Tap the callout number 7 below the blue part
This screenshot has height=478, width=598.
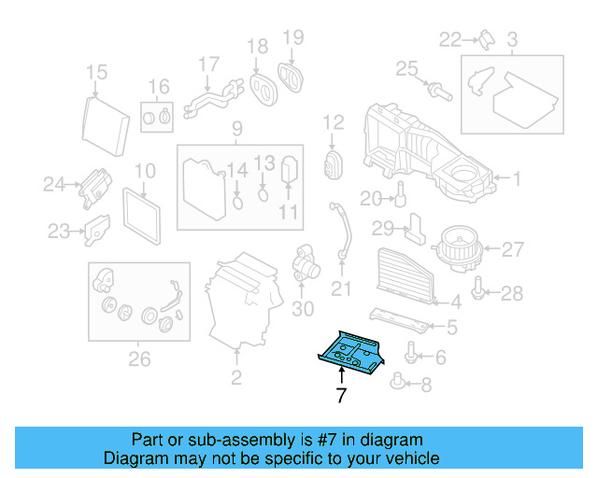[341, 396]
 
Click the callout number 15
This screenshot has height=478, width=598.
[97, 73]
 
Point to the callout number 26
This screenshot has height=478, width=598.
[138, 358]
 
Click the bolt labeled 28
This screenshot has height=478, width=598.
[480, 293]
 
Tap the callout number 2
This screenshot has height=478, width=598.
[236, 377]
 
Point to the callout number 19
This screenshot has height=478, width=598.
[293, 37]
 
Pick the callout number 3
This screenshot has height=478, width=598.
[512, 40]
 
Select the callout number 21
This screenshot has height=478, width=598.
[343, 286]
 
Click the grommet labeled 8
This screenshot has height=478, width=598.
[402, 382]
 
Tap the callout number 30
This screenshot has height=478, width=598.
[302, 309]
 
